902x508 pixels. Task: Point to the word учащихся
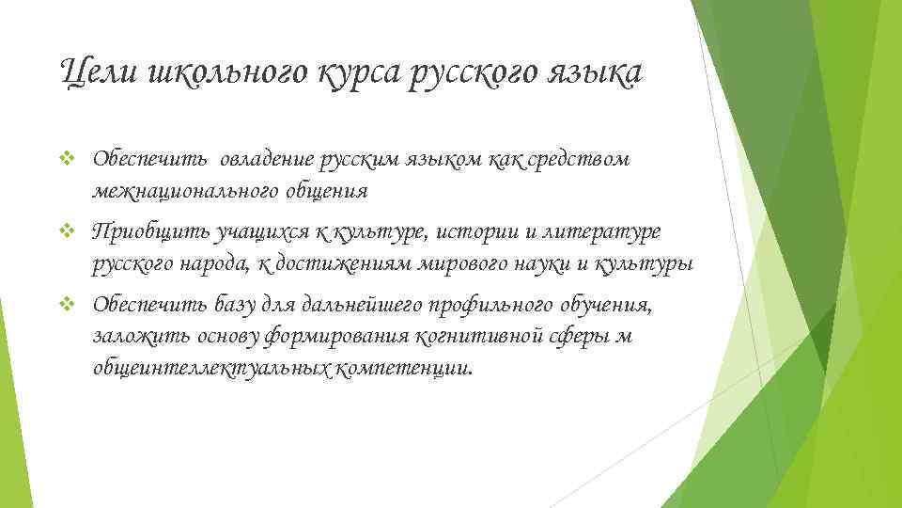point(241,231)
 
